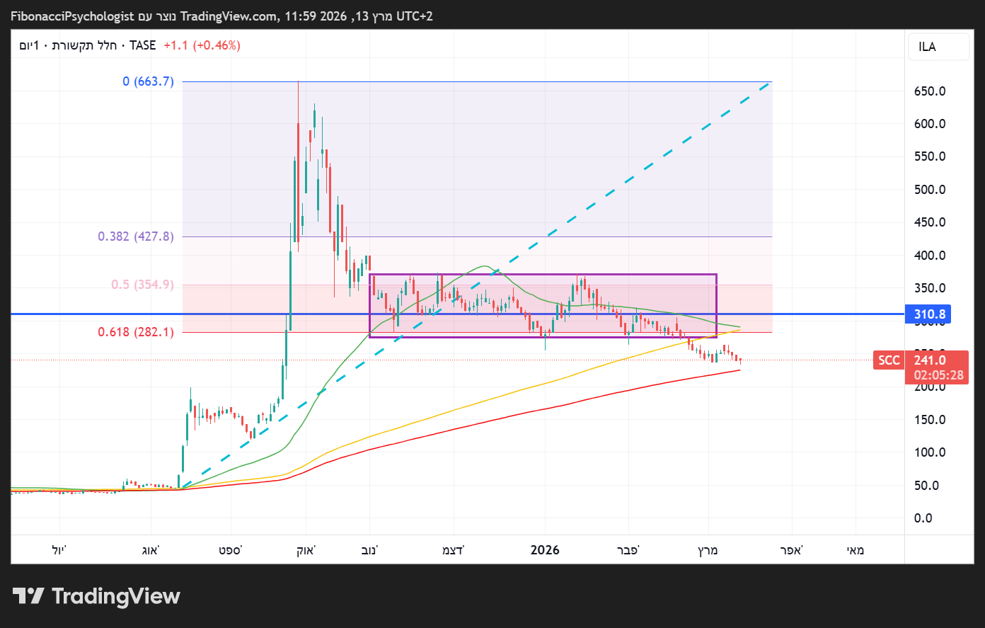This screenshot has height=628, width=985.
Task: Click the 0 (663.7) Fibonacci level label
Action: click(x=148, y=81)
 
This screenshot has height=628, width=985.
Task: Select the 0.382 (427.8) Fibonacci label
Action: click(x=136, y=236)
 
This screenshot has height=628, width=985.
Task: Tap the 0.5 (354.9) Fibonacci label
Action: click(x=142, y=285)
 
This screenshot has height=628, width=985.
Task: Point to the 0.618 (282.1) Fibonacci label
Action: click(x=136, y=332)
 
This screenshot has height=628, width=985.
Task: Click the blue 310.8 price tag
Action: click(x=928, y=314)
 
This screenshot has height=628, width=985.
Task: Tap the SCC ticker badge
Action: click(x=889, y=360)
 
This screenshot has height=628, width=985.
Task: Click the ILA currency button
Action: click(x=927, y=47)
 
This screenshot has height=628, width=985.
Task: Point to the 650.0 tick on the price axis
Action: click(x=930, y=91)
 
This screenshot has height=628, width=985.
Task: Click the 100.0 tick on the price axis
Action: click(x=930, y=452)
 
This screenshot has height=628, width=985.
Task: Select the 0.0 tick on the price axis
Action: click(x=923, y=518)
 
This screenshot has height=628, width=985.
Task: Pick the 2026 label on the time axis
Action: click(x=545, y=550)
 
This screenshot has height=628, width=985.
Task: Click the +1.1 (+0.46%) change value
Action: click(x=202, y=45)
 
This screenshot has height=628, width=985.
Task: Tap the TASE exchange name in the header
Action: click(x=142, y=45)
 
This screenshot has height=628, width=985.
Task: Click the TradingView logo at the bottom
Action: click(x=96, y=596)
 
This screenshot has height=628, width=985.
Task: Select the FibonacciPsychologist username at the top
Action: click(x=72, y=16)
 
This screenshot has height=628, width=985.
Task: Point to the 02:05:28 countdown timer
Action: click(x=938, y=375)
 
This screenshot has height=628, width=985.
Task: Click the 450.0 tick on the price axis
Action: click(x=930, y=222)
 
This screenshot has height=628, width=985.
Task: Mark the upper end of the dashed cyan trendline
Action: click(x=770, y=83)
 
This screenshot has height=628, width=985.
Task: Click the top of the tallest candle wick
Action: click(x=298, y=82)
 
